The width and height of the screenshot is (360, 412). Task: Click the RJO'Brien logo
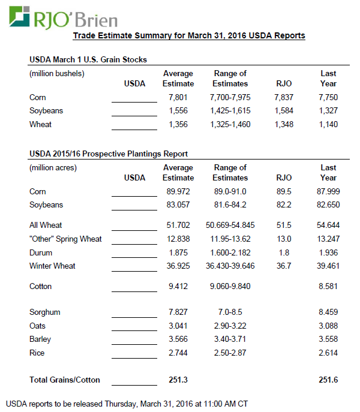[x=62, y=16]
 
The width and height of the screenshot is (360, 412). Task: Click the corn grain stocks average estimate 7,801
[x=178, y=97]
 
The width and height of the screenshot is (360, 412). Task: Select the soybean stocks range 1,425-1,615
[x=230, y=111]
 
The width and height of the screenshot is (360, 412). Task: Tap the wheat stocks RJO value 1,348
[x=284, y=125]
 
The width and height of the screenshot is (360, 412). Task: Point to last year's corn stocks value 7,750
[x=328, y=97]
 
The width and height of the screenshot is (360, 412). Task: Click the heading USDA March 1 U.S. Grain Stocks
[x=88, y=60]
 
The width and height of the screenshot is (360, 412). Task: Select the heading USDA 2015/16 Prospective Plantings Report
[x=109, y=154]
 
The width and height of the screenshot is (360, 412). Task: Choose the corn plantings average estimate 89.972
[x=178, y=192]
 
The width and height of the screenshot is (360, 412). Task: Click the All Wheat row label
[x=46, y=225]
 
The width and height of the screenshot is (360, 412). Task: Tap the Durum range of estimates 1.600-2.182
[x=230, y=252]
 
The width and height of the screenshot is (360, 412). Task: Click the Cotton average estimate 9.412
[x=178, y=287]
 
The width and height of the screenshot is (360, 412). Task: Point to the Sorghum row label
[x=45, y=312]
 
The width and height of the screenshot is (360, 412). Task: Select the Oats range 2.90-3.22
[x=230, y=326]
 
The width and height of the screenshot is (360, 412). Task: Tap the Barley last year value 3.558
[x=328, y=339]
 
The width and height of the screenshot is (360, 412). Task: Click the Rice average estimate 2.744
[x=178, y=353]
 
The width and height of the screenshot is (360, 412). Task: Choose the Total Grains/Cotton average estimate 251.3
[x=178, y=380]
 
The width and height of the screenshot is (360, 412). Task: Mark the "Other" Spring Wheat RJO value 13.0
[x=284, y=239]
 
